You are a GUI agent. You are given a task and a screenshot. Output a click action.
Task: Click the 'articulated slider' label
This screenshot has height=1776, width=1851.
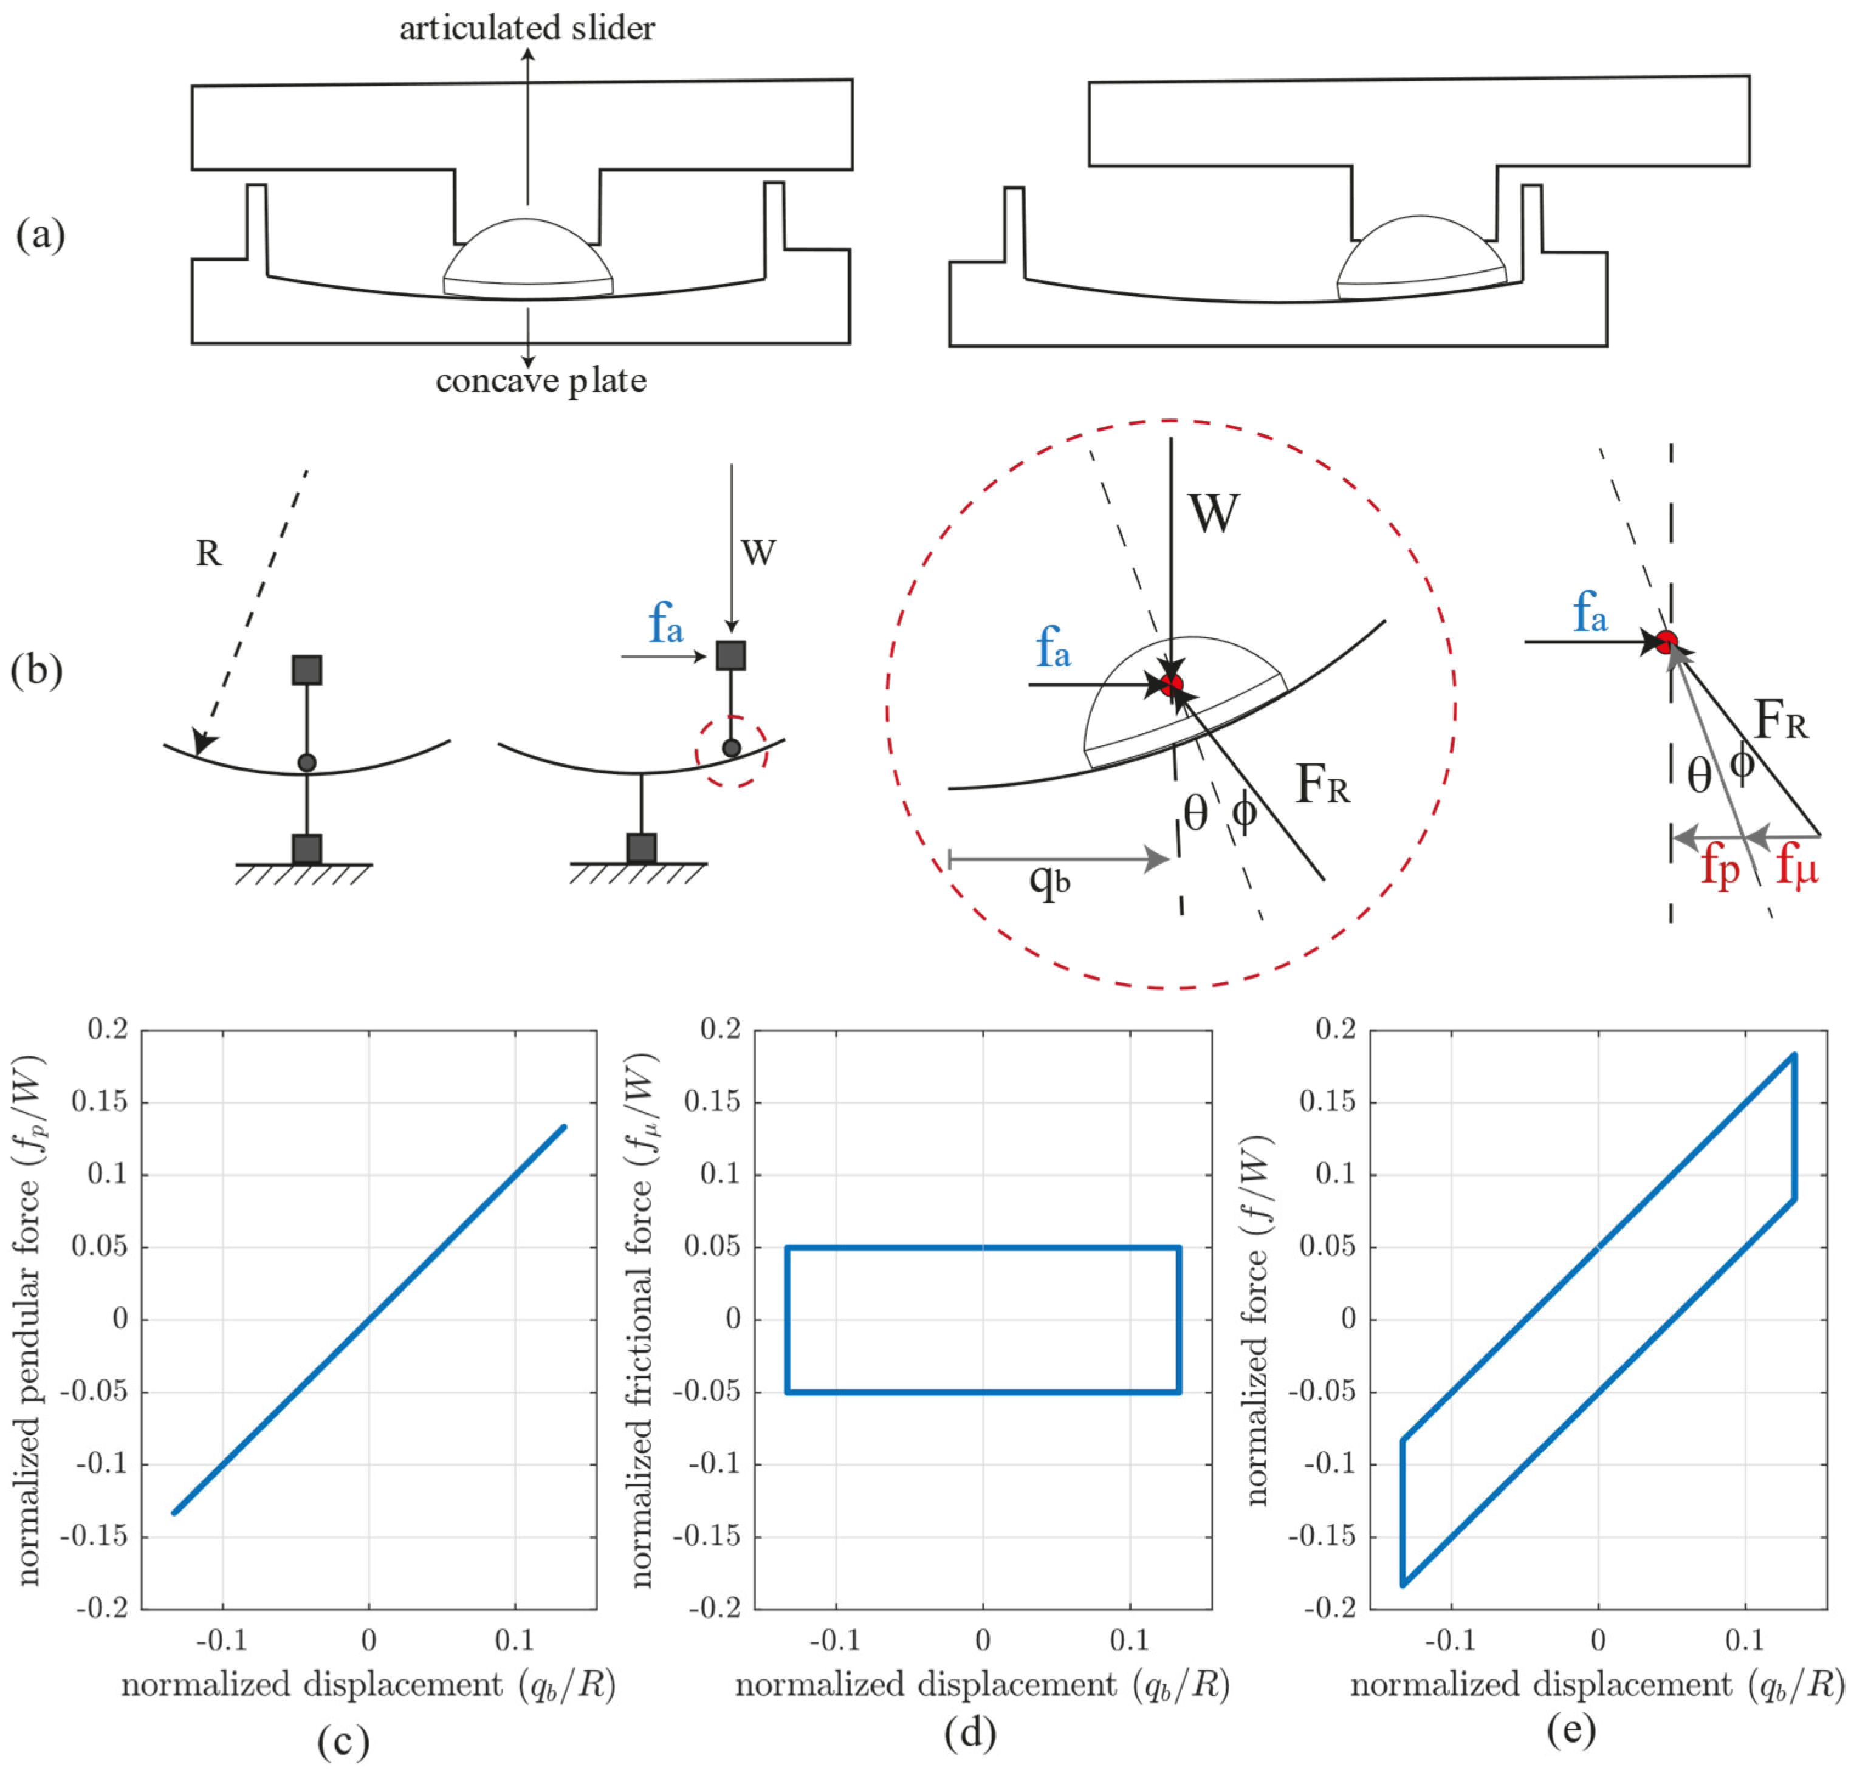pyautogui.click(x=527, y=29)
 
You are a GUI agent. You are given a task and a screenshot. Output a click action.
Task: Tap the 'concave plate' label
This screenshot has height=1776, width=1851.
pyautogui.click(x=541, y=380)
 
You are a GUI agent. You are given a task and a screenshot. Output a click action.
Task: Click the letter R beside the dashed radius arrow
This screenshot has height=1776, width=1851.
pyautogui.click(x=208, y=553)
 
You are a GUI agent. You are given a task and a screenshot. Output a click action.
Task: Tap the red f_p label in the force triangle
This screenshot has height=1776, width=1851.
pyautogui.click(x=1720, y=867)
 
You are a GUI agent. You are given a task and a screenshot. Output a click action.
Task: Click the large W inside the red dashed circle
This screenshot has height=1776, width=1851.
pyautogui.click(x=1214, y=514)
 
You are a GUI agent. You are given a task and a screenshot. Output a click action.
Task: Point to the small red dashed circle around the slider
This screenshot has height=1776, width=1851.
pyautogui.click(x=731, y=751)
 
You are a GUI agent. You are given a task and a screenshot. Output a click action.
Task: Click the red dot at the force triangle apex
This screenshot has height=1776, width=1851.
pyautogui.click(x=1667, y=642)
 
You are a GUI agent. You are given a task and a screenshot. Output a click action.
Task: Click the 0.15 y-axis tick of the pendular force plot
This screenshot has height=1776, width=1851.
pyautogui.click(x=99, y=1102)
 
